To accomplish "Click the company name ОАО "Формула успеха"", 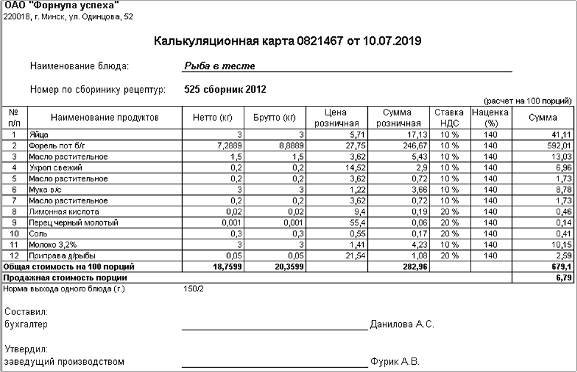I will point(61,6).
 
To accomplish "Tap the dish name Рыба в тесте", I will point(220,66).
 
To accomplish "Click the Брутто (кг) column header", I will point(275,118).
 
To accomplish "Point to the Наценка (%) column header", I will point(489,118).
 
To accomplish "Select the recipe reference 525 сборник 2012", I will point(226,90).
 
